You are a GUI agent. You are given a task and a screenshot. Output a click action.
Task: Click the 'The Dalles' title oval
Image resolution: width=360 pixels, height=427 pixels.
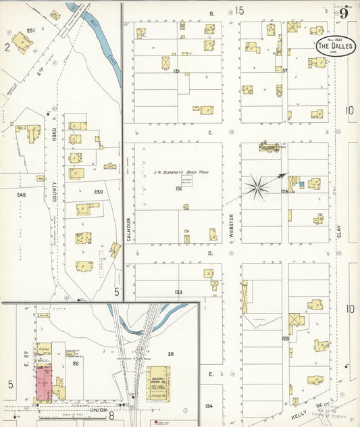tap(336, 46)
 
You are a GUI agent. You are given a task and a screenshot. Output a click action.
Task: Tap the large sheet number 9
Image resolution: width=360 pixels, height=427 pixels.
tap(344, 13)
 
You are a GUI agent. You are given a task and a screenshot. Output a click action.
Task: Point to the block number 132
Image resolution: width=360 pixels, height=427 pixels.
tap(178, 189)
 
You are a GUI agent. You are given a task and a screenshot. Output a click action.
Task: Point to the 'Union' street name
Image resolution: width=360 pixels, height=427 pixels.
tap(99, 409)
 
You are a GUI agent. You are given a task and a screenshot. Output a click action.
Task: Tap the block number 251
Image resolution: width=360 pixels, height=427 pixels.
tap(30, 31)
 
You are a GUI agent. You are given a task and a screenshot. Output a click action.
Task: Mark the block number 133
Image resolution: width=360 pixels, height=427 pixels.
tap(178, 292)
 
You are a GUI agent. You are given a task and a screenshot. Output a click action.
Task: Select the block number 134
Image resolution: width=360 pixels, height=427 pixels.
tap(209, 406)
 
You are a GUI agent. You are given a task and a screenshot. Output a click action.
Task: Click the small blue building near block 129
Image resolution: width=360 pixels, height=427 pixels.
tap(301, 184)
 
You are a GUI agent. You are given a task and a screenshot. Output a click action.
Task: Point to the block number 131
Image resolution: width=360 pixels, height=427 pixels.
tap(177, 71)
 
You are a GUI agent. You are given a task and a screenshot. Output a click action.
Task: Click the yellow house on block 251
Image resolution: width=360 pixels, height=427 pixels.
tap(22, 43)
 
